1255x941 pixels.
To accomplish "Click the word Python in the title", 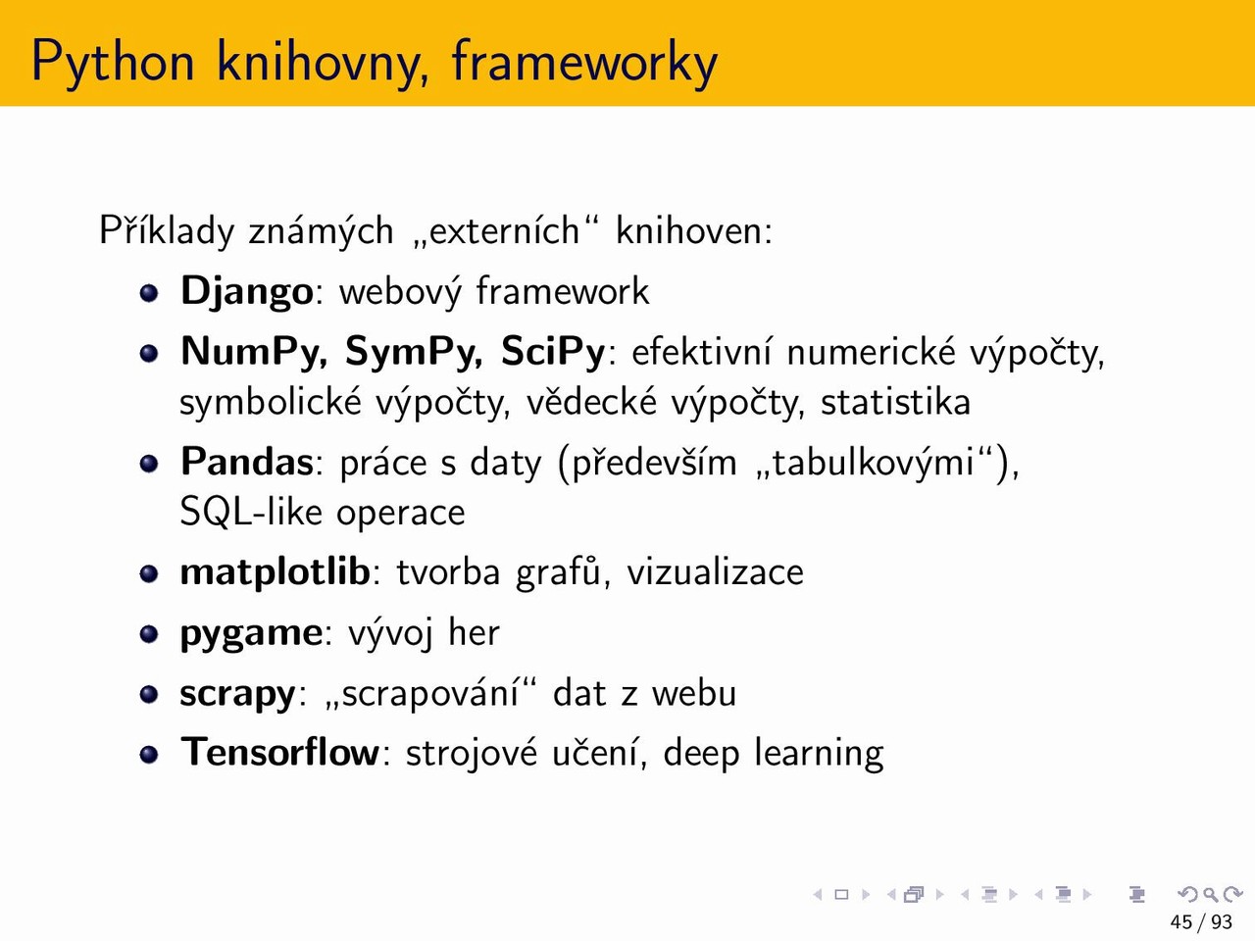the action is [113, 63].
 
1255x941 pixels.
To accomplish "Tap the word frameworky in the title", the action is [584, 63].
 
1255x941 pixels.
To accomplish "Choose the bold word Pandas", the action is [247, 461].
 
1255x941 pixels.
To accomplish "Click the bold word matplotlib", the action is [275, 571].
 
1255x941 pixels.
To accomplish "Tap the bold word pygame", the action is [251, 634].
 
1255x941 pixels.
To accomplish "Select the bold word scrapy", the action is [238, 695].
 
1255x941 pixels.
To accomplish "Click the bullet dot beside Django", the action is [149, 294].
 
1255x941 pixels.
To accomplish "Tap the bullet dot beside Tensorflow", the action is [149, 755].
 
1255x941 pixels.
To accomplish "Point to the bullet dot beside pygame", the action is [149, 634].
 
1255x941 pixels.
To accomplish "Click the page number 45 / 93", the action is [1201, 921].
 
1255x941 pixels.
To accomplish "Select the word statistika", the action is [895, 402].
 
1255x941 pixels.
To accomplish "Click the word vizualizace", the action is [715, 572].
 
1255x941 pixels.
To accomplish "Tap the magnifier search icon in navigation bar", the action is [1211, 894].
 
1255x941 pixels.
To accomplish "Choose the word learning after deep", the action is [819, 754].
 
